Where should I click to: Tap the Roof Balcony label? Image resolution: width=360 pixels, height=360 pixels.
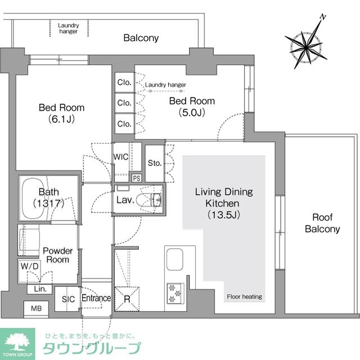322,223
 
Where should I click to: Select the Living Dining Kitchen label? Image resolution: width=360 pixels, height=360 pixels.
224,202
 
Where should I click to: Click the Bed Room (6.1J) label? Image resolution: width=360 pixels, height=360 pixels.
61,112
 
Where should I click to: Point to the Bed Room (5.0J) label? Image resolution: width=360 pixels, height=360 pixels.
192,107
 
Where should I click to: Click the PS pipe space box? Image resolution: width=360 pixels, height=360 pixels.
136,178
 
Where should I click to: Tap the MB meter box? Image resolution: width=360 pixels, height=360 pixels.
36,308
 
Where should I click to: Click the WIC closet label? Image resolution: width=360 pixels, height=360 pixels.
121,157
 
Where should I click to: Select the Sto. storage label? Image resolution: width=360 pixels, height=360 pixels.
155,163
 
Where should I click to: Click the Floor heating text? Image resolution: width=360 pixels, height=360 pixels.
244,296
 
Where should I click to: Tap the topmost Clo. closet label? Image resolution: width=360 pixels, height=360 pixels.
124,82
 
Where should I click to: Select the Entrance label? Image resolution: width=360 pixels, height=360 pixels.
96,298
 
